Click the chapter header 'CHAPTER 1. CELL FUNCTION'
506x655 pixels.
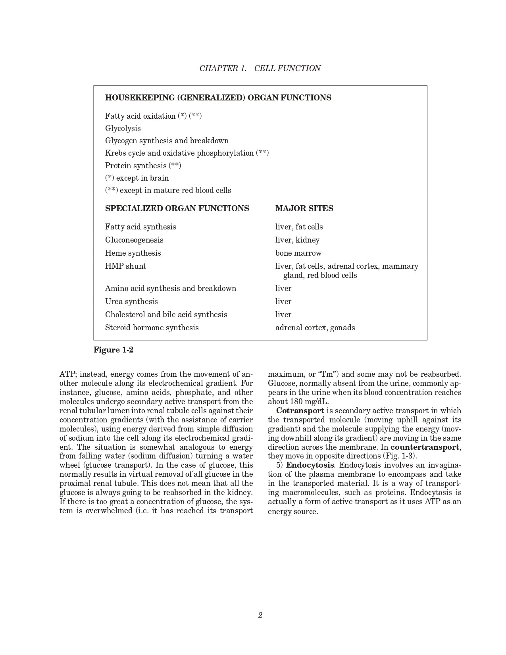[x=260, y=68]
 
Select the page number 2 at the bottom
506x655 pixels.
[x=260, y=615]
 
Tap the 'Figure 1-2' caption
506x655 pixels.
[x=113, y=350]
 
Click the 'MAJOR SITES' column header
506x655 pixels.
[x=304, y=208]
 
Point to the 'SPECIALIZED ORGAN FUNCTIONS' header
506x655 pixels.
[x=177, y=208]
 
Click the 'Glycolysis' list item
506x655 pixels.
[x=123, y=128]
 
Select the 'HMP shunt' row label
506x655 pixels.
[x=125, y=266]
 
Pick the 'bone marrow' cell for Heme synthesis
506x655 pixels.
[x=298, y=253]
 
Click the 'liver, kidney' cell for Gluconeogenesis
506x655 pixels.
[x=297, y=240]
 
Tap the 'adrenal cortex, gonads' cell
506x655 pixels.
[x=315, y=327]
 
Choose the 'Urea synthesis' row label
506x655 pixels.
[x=131, y=301]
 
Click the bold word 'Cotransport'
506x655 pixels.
[x=300, y=410]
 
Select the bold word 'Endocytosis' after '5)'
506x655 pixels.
[x=310, y=465]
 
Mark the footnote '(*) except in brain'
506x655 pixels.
[x=137, y=178]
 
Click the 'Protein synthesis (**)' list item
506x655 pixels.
[x=143, y=166]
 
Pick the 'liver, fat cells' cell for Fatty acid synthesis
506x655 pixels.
[x=299, y=227]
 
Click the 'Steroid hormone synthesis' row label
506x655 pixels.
[x=152, y=327]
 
